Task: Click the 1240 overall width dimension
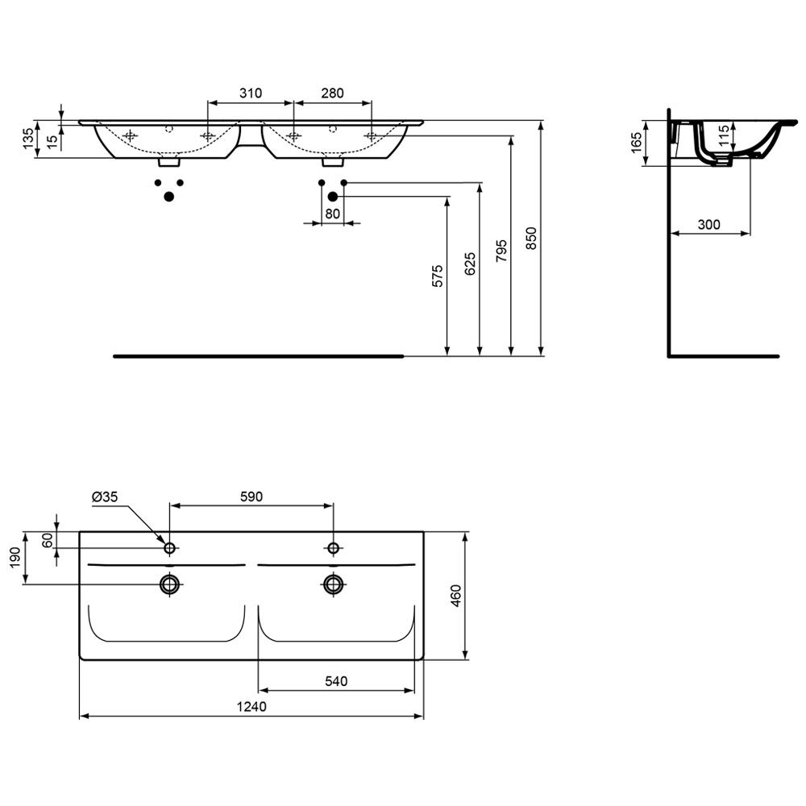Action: click(x=251, y=707)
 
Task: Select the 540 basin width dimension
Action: click(x=336, y=681)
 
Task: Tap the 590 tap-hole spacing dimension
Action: click(x=251, y=496)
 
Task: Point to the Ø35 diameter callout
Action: click(x=105, y=496)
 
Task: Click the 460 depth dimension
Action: click(x=456, y=596)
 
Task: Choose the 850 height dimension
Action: click(x=531, y=238)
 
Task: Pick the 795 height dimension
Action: click(x=501, y=251)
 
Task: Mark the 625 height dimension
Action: click(x=470, y=264)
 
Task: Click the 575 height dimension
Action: click(x=438, y=276)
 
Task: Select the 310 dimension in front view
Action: click(x=251, y=93)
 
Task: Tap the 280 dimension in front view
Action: click(x=332, y=93)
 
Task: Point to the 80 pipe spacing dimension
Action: click(x=333, y=214)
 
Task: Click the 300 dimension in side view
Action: click(x=708, y=224)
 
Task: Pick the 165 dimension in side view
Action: click(x=636, y=143)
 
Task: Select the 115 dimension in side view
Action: click(x=723, y=135)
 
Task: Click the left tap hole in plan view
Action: click(x=169, y=548)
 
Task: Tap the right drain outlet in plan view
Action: click(x=334, y=584)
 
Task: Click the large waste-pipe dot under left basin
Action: click(x=169, y=196)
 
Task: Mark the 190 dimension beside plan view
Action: click(x=15, y=559)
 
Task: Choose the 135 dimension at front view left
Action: click(x=28, y=139)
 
